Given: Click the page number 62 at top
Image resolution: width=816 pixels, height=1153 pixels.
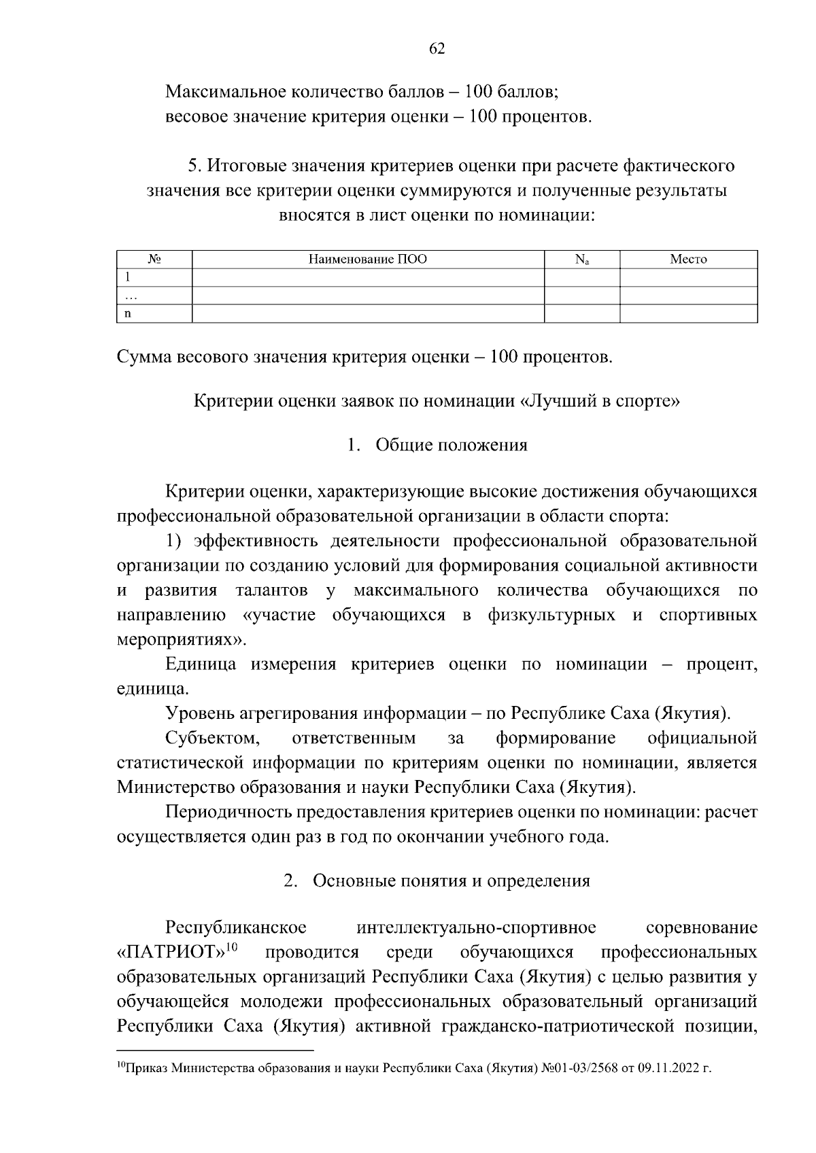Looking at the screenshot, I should point(437,48).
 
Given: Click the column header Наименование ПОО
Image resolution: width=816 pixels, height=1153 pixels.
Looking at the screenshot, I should point(368,260).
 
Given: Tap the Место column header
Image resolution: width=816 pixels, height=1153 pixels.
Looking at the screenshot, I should point(688,260).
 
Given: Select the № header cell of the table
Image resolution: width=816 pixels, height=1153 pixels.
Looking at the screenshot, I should point(154,260).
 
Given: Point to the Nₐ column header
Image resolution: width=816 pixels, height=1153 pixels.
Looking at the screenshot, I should point(581,260).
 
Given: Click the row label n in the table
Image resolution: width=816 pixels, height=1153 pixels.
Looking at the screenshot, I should point(126,314).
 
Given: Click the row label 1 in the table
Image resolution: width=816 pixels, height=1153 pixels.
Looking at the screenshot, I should point(126,277).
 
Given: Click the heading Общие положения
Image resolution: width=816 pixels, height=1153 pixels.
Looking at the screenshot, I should point(451,446).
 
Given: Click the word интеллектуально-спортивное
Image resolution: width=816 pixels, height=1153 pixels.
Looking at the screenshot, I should point(476,928).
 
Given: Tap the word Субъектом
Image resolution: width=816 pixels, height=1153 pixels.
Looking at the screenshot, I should point(211,739).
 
